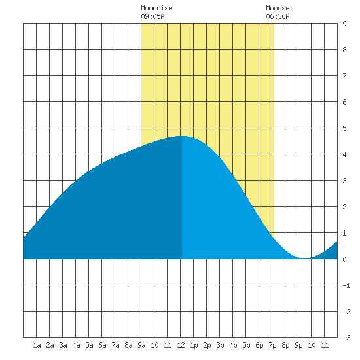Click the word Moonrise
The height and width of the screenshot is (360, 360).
156,8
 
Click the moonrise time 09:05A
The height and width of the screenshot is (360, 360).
153,16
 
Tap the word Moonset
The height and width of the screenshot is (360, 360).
279,8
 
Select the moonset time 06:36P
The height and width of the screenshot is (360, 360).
278,16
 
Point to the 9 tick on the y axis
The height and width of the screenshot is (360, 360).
344,24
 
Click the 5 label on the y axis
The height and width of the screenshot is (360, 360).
344,128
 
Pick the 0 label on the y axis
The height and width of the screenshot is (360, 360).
344,259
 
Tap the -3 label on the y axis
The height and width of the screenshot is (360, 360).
346,338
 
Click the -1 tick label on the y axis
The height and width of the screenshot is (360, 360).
346,285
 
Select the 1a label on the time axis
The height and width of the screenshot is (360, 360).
37,345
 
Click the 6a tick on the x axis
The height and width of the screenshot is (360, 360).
102,345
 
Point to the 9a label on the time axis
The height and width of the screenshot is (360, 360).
141,345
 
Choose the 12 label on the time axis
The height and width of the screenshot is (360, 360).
181,345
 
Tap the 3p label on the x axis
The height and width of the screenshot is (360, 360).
220,345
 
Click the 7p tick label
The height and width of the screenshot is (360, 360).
272,345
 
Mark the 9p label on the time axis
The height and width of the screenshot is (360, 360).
298,345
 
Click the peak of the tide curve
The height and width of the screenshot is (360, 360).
182,136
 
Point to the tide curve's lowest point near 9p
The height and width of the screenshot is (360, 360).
304,259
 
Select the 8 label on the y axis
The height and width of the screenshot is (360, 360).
344,50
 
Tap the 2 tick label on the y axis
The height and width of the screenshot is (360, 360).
344,207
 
